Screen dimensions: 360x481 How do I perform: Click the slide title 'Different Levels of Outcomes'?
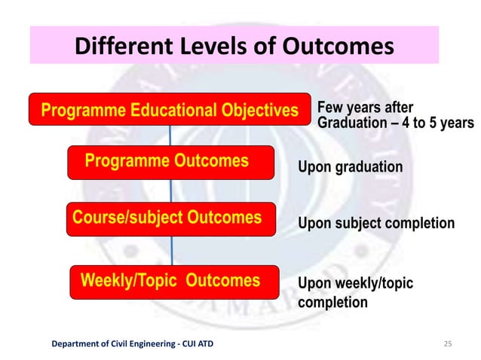coord(234,47)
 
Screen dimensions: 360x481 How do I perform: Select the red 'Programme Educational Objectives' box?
coord(170,111)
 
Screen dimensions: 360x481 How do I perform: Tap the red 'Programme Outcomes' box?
coord(170,162)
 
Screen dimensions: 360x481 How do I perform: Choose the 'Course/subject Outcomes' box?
coord(170,218)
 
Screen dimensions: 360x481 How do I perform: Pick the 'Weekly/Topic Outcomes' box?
coord(173,282)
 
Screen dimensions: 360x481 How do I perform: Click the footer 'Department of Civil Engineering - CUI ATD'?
coord(132,344)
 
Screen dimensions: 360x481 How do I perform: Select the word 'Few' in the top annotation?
coord(330,106)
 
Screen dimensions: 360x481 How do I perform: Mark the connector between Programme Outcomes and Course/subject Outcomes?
coord(171,191)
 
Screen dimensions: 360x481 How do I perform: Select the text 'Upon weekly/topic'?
coord(355,283)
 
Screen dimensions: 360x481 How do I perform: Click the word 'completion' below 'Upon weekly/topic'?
coord(333,303)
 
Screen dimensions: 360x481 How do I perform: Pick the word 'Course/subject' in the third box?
coord(121,218)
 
